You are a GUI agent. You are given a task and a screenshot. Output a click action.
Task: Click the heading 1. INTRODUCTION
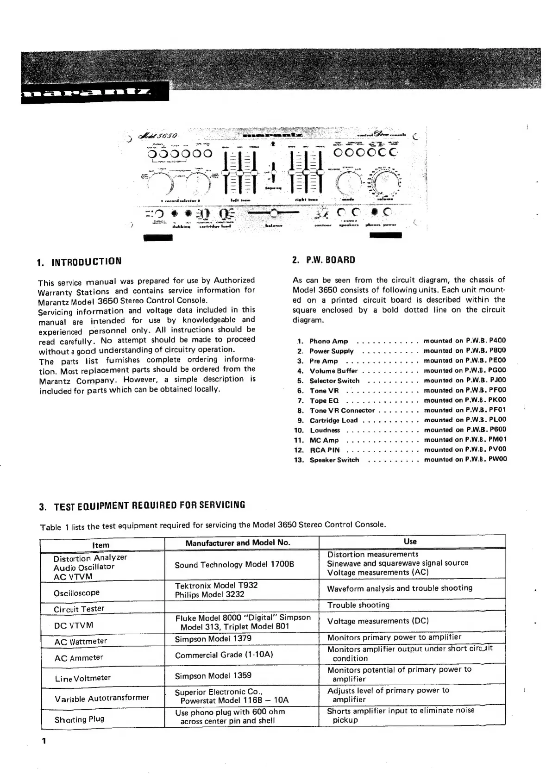click(x=79, y=261)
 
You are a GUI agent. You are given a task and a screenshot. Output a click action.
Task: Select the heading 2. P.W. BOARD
click(x=324, y=260)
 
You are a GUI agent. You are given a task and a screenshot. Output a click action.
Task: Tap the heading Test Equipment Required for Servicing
click(x=143, y=505)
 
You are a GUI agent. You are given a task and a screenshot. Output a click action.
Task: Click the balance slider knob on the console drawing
click(x=274, y=213)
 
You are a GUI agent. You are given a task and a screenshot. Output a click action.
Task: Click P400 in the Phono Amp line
click(x=497, y=340)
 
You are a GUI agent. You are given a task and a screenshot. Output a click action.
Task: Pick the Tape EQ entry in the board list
click(x=324, y=400)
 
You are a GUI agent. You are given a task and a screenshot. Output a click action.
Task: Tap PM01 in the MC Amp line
click(x=498, y=439)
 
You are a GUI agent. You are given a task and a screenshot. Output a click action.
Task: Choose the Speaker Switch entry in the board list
click(x=334, y=460)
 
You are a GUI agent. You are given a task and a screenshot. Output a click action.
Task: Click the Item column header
click(x=100, y=545)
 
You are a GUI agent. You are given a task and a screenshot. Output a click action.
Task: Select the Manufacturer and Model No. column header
click(x=238, y=543)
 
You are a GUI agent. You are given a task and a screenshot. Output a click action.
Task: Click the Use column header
click(x=410, y=541)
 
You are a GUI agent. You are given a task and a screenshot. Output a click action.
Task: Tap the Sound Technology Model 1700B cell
click(x=234, y=565)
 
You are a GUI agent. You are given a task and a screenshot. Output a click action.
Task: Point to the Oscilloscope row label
click(x=76, y=593)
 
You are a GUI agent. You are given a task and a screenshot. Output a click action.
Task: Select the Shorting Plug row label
click(x=79, y=719)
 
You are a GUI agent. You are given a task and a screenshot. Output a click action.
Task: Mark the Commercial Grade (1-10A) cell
click(x=224, y=655)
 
